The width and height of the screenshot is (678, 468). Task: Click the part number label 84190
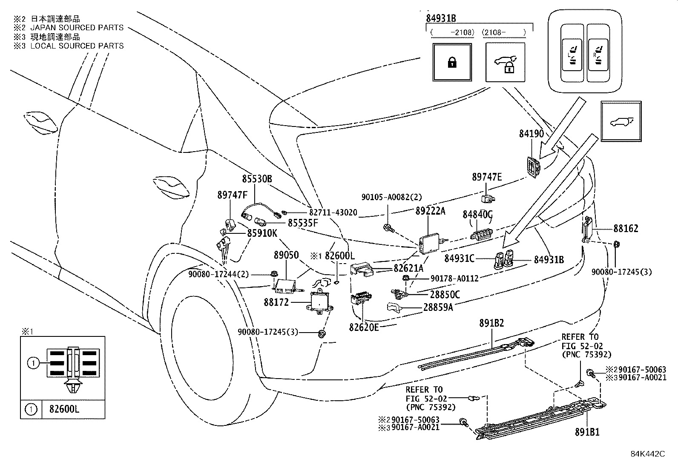(x=531, y=134)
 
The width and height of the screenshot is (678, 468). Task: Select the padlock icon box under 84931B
(x=451, y=62)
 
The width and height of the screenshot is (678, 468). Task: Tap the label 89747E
(x=487, y=177)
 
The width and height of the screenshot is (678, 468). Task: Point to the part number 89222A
(x=430, y=211)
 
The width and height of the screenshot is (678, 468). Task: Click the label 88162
(x=626, y=229)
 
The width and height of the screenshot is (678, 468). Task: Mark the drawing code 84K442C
(x=648, y=454)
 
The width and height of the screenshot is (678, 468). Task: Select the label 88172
(x=276, y=302)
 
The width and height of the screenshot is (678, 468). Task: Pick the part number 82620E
(x=364, y=327)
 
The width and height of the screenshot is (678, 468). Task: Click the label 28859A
(x=438, y=307)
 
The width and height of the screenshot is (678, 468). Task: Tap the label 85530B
(x=257, y=179)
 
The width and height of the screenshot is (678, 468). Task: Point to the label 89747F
(x=232, y=195)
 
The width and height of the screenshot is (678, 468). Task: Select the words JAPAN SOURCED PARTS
(x=77, y=28)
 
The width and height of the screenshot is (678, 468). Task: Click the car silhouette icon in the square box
(x=621, y=121)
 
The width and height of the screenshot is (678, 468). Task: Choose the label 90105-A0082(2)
(x=391, y=197)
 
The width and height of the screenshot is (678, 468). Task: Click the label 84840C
(x=477, y=214)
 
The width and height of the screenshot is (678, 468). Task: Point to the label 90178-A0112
(x=454, y=279)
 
